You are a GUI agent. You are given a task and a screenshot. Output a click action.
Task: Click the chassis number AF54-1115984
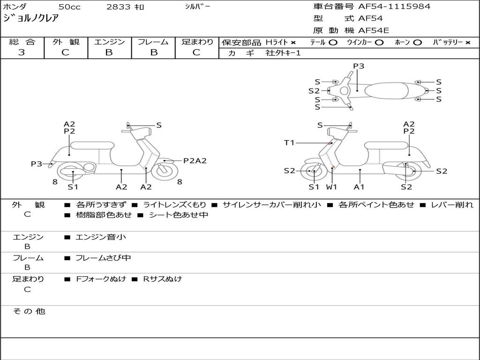tap(394, 7)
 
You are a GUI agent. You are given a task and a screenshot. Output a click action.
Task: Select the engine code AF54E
tap(374, 30)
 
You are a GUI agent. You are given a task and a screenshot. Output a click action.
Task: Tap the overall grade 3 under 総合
tap(22, 52)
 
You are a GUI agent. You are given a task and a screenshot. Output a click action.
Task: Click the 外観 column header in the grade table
tap(66, 42)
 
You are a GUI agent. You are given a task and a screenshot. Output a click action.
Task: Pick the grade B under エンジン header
tap(109, 52)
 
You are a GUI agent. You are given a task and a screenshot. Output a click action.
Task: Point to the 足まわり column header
tap(197, 42)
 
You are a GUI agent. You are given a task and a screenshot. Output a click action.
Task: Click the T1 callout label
tap(289, 142)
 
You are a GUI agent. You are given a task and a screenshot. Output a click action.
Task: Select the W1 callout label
tap(331, 187)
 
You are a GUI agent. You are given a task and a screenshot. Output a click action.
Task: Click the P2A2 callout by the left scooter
tap(195, 161)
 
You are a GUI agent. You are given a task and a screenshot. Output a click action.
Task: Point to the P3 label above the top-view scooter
tap(359, 66)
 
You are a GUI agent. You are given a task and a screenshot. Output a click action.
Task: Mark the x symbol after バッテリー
tap(467, 43)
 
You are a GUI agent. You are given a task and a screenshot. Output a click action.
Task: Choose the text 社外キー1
tap(283, 53)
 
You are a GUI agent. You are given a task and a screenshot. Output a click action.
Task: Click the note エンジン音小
tap(101, 237)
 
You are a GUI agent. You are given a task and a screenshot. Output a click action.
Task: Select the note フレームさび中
tap(103, 258)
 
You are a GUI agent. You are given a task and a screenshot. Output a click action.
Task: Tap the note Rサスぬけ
tap(163, 279)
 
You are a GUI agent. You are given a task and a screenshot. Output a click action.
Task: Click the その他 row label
tap(29, 311)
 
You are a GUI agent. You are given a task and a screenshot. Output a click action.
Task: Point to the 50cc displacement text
tap(69, 7)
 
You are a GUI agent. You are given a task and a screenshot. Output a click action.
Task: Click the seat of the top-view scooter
tap(387, 90)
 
